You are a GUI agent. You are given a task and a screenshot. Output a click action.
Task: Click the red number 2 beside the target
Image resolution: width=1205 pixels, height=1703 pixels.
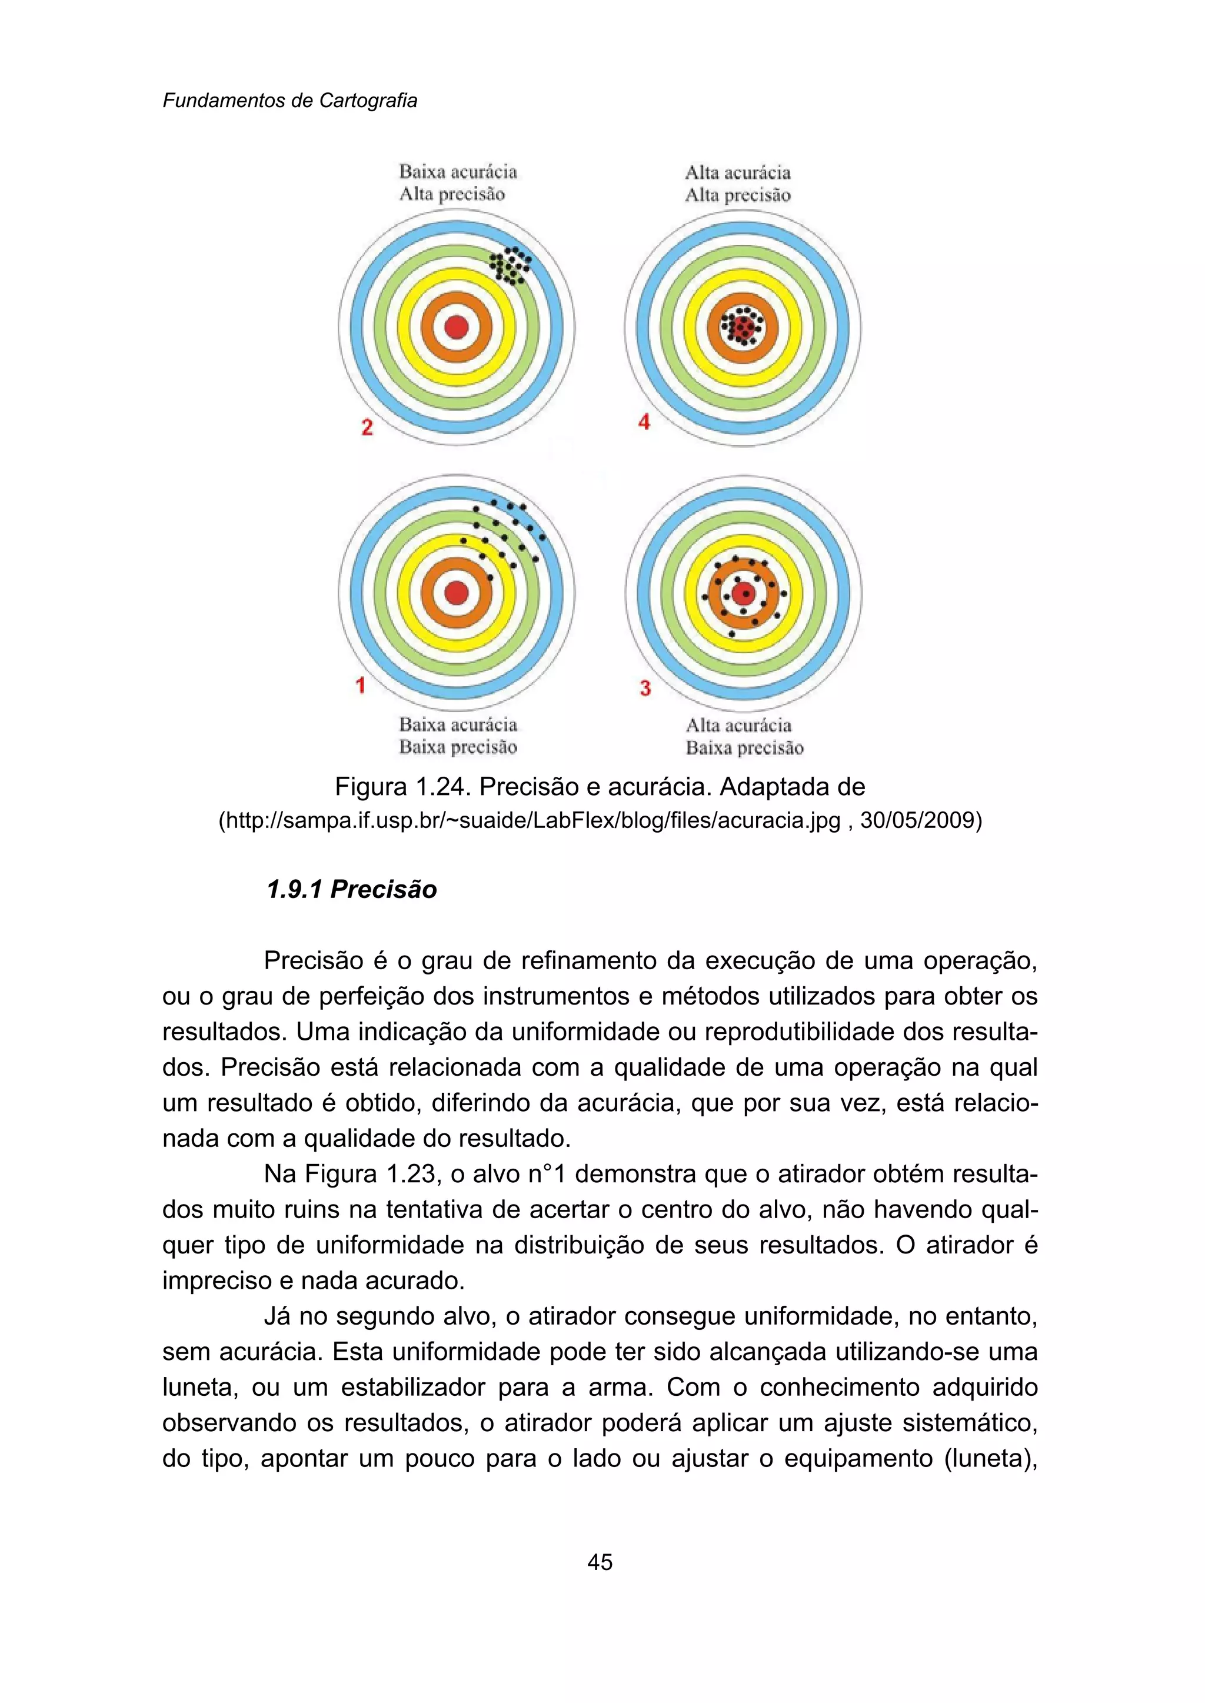point(367,428)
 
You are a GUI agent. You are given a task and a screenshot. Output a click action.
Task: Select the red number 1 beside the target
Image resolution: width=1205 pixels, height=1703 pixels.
point(361,684)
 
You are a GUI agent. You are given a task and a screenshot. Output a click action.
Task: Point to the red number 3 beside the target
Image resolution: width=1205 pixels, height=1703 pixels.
point(645,688)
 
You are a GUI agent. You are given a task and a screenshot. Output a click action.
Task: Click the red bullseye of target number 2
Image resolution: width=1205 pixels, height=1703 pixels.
point(457,327)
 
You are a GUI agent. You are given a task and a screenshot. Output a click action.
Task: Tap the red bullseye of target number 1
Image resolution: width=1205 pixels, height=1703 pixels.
point(457,593)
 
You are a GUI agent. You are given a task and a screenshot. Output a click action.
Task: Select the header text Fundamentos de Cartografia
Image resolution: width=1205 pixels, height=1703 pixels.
point(289,101)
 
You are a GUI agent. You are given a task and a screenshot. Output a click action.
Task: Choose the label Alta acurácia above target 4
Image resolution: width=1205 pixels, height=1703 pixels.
point(738,173)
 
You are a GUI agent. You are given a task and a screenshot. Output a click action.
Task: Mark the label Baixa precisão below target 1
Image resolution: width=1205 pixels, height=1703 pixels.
point(458,747)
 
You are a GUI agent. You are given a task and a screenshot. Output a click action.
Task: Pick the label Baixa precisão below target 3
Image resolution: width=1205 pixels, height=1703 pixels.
point(744,747)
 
